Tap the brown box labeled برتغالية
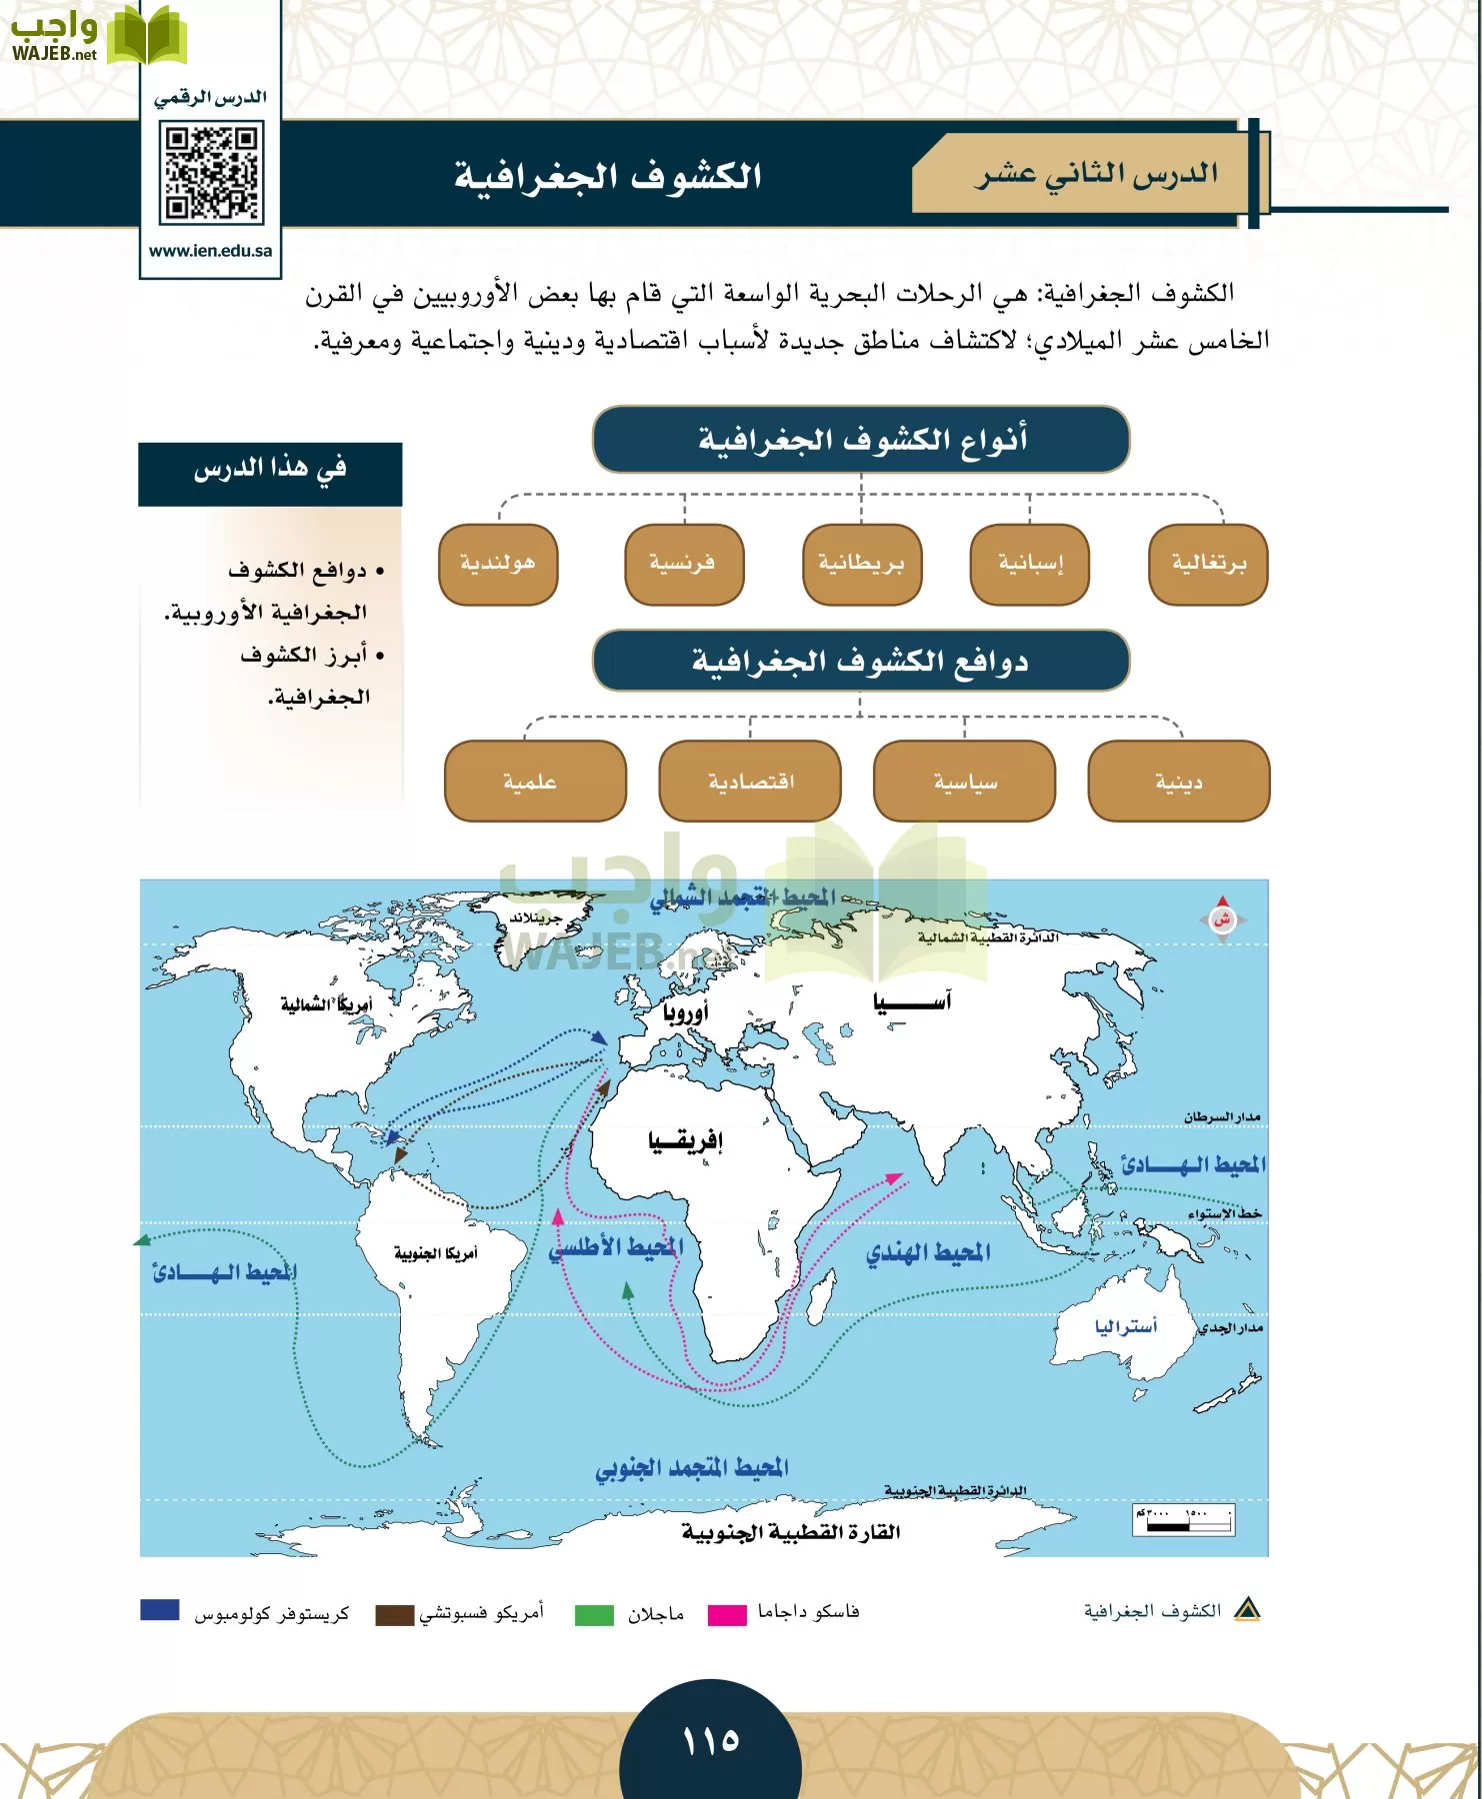pos(1208,565)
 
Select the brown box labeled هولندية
pos(498,565)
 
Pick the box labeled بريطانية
pos(861,565)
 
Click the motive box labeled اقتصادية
pos(750,781)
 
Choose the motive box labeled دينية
pos(1178,781)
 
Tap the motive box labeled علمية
pos(535,781)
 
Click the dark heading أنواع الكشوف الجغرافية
pos(861,439)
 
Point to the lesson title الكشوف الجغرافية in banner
pos(608,176)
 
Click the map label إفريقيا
pos(685,1140)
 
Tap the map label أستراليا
pos(1125,1326)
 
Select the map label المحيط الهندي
pos(928,1251)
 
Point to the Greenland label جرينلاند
pos(536,917)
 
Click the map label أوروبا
pos(685,1011)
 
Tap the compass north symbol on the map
pos(1221,918)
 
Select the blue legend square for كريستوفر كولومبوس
pos(160,1610)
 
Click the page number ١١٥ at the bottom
pos(711,1741)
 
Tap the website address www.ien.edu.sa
pos(210,251)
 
